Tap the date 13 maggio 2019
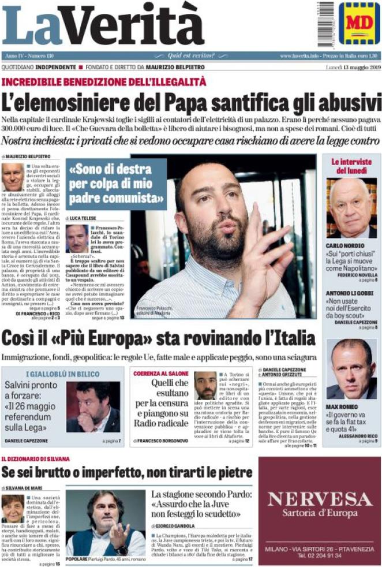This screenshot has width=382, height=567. click(x=353, y=68)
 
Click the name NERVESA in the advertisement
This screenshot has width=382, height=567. click(x=319, y=499)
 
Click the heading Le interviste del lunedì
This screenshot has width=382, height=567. click(x=351, y=166)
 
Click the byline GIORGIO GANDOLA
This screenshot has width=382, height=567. click(x=177, y=526)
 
